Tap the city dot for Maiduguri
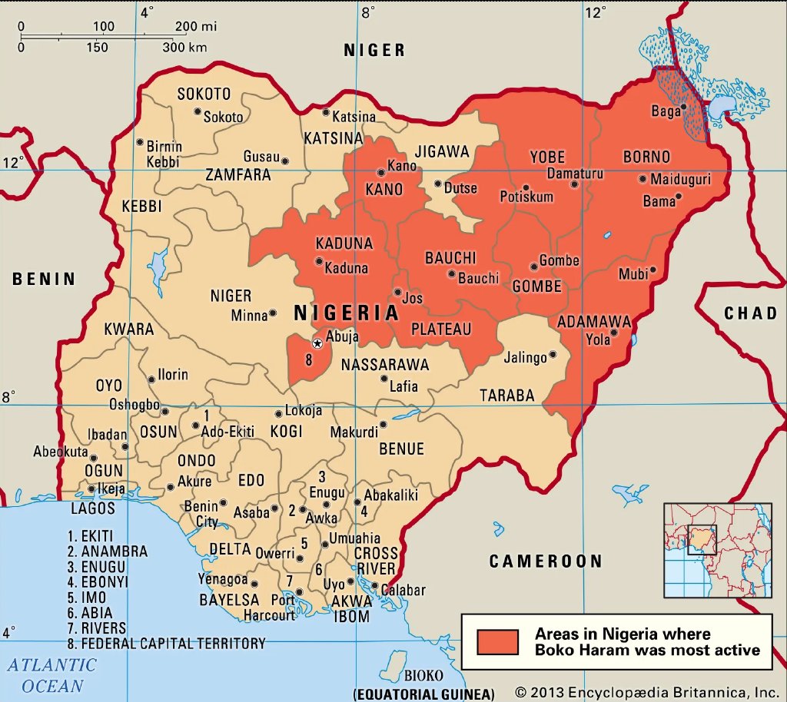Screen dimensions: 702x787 (x=643, y=179)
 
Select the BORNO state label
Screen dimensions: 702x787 (x=646, y=157)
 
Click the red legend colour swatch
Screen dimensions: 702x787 (x=497, y=642)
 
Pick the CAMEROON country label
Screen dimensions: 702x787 (x=546, y=561)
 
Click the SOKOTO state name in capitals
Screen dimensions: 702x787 (x=204, y=94)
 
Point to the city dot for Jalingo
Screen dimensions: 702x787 (x=552, y=356)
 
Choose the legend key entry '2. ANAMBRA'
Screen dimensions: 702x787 (x=107, y=551)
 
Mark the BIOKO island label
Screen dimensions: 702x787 (x=423, y=675)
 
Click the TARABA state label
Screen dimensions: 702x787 (x=506, y=396)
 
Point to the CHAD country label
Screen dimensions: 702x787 (x=750, y=313)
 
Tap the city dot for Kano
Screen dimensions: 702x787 (x=380, y=173)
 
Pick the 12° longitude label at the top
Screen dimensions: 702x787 (x=595, y=12)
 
